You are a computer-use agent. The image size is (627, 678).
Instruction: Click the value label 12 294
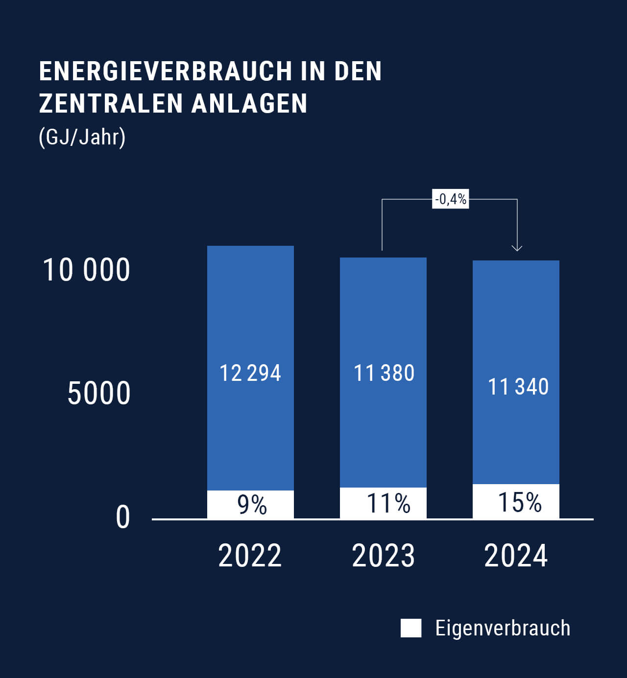tap(250, 373)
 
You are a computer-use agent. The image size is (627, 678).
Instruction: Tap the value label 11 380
tap(384, 373)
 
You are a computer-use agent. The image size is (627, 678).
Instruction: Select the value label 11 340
tap(518, 387)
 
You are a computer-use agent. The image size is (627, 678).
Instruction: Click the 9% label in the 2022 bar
tap(252, 505)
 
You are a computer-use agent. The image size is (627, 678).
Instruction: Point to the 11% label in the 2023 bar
tap(388, 503)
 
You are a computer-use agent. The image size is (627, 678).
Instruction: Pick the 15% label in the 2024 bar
tap(519, 502)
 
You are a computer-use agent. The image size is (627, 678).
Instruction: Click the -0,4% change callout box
tap(450, 199)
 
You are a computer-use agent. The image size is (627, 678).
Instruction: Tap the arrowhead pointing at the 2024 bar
tap(517, 248)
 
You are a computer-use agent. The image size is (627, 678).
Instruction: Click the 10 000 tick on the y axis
tap(87, 270)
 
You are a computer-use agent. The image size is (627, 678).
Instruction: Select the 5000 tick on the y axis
tap(99, 393)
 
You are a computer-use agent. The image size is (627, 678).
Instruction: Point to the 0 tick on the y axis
tap(123, 517)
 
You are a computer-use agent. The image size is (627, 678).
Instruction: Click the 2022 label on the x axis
tap(250, 556)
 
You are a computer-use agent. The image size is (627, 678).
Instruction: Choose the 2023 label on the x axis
tap(383, 556)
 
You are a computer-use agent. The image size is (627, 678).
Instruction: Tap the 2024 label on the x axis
tap(516, 556)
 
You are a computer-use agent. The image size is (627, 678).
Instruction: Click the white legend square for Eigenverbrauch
tap(410, 628)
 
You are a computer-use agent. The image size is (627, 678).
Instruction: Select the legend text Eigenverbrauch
tap(503, 628)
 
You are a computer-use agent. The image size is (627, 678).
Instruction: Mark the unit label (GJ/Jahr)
tap(82, 137)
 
